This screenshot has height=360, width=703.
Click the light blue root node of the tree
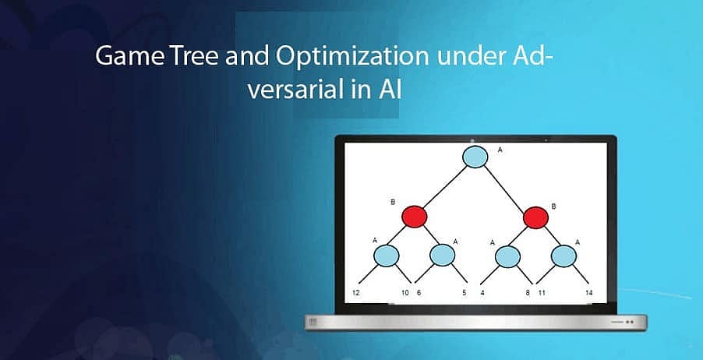(x=475, y=157)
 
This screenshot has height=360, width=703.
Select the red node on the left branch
(x=415, y=215)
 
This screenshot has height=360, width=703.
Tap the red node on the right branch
(x=535, y=217)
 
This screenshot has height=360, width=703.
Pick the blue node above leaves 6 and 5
(x=442, y=255)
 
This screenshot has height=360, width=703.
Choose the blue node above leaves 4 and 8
(x=508, y=255)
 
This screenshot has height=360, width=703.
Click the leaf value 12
(x=355, y=293)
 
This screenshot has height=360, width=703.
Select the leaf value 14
(x=589, y=293)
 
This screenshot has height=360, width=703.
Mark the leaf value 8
(x=528, y=293)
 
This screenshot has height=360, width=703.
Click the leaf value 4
(x=482, y=293)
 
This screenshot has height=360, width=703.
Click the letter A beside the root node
(x=500, y=148)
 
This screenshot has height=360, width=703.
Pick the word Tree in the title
(x=179, y=57)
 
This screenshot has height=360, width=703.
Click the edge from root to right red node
(x=507, y=188)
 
